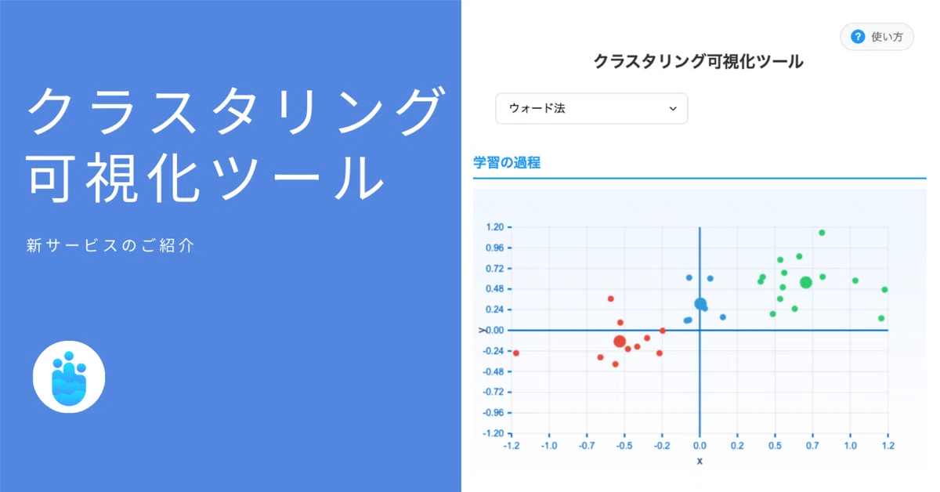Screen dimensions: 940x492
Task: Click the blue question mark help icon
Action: (x=858, y=37)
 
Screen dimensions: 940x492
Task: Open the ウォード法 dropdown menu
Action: (x=591, y=109)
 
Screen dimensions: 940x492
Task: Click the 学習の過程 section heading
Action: (x=507, y=162)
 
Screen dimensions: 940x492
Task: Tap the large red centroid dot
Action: (x=620, y=342)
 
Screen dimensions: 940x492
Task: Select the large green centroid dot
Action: (x=806, y=283)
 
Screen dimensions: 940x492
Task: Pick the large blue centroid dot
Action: (x=700, y=303)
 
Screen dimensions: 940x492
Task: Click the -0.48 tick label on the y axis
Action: (x=493, y=371)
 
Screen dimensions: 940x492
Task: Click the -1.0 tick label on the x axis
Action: (x=549, y=446)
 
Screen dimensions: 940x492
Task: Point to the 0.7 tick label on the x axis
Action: (x=812, y=446)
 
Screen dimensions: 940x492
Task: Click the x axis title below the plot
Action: (x=700, y=461)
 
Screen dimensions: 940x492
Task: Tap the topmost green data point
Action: (x=822, y=233)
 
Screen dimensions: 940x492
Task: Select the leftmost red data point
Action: (x=516, y=353)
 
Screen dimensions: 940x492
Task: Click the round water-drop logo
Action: (x=69, y=377)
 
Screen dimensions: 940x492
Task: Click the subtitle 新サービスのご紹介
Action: (x=110, y=245)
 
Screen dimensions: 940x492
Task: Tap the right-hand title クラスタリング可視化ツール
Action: (x=699, y=62)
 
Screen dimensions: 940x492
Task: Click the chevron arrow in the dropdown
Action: (x=673, y=109)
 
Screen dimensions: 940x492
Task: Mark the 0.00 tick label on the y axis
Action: (x=495, y=331)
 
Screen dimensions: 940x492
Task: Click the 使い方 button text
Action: (x=887, y=37)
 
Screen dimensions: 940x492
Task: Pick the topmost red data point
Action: (x=610, y=299)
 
